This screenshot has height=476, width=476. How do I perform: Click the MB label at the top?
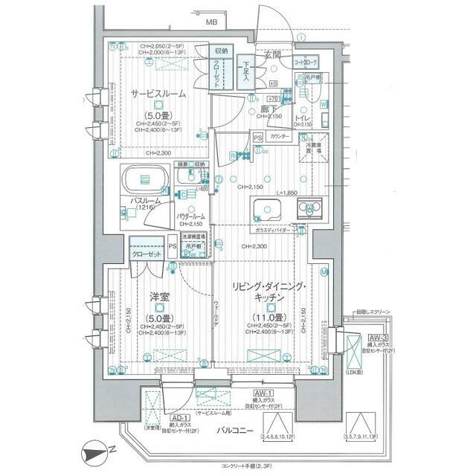click(212, 23)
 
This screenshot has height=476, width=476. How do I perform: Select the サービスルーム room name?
click(159, 94)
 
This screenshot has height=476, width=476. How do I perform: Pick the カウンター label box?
click(280, 138)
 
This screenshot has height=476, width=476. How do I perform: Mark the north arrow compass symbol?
click(100, 450)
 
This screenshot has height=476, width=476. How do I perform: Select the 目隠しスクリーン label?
click(377, 312)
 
